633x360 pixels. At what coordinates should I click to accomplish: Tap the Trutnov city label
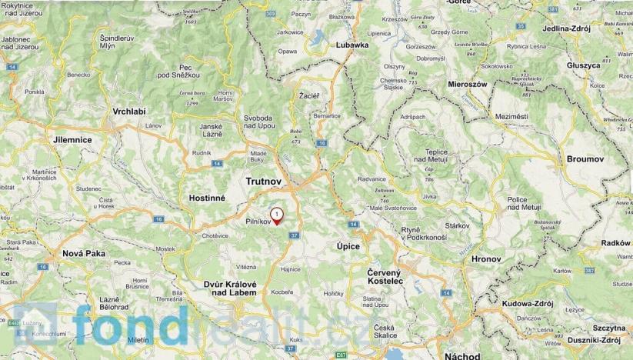tap(265, 182)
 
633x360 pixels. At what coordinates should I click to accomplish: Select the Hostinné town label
tap(207, 198)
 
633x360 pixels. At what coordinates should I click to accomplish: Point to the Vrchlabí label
tap(128, 112)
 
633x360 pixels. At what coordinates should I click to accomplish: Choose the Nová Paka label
tap(83, 253)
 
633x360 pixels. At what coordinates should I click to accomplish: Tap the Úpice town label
tap(348, 245)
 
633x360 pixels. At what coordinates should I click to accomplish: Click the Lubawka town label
tap(352, 45)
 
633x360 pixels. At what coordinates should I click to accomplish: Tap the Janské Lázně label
tap(211, 130)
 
